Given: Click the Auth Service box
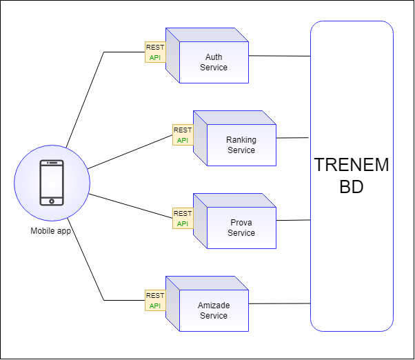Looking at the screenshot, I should point(213,62).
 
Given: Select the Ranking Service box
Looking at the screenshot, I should point(241,145).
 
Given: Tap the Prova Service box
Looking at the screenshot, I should point(241,228).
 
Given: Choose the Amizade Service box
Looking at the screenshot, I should point(213,310).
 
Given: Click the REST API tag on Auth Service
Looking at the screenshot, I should point(155,52).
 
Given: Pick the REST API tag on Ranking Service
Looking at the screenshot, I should point(183,135).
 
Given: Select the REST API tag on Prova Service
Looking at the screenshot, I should point(183,218).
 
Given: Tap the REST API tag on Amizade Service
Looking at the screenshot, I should point(155,301).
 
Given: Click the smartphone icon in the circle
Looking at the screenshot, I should point(52,183).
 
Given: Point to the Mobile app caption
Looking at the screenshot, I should point(52,230).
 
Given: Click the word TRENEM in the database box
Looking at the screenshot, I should point(352,166).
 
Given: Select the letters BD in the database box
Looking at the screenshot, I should point(352,188).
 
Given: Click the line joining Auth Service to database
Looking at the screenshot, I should point(279,55).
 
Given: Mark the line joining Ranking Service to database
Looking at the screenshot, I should point(293,138).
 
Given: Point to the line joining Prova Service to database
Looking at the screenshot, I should point(293,221).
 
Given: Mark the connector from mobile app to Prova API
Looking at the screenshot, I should point(131,206).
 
